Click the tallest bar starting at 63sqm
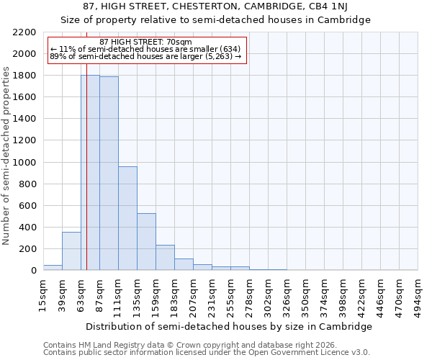[90, 173]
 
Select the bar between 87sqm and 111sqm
[109, 174]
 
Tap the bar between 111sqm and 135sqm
[127, 218]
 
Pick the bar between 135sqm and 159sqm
[146, 242]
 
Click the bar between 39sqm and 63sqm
[71, 251]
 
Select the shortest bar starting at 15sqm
[53, 267]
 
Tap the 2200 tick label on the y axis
[24, 32]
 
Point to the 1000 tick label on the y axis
[24, 163]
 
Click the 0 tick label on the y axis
[33, 271]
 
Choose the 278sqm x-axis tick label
[250, 297]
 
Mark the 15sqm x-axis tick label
[44, 294]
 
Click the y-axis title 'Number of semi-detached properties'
[7, 156]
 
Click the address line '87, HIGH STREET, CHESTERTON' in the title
[216, 6]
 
